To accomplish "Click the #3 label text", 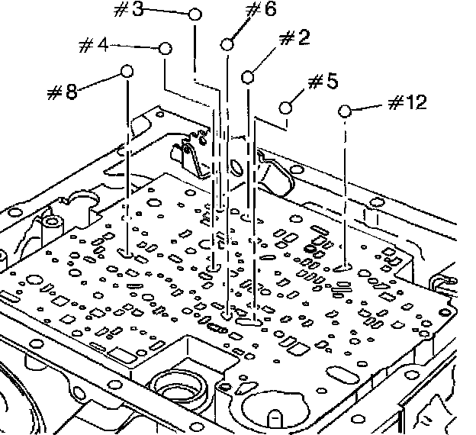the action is click(128, 9).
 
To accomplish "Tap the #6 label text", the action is click(261, 9).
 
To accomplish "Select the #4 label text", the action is click(94, 45).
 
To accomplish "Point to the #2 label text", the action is click(294, 38).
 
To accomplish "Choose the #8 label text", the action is click(63, 92).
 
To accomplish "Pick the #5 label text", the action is click(323, 82).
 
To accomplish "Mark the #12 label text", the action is click(407, 102).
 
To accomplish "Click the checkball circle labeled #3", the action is click(195, 14).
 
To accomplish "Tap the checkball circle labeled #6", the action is click(227, 44).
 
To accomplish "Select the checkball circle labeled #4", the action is click(166, 48).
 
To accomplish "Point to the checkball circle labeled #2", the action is click(248, 77).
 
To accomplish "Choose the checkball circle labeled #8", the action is click(127, 72).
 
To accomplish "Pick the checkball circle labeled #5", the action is click(285, 108).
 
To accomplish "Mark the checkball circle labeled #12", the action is click(345, 111).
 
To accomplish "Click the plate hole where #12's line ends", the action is click(343, 268).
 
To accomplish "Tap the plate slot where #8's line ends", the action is click(125, 253).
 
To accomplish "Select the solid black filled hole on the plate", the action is click(310, 249).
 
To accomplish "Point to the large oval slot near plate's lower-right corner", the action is click(343, 375).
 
